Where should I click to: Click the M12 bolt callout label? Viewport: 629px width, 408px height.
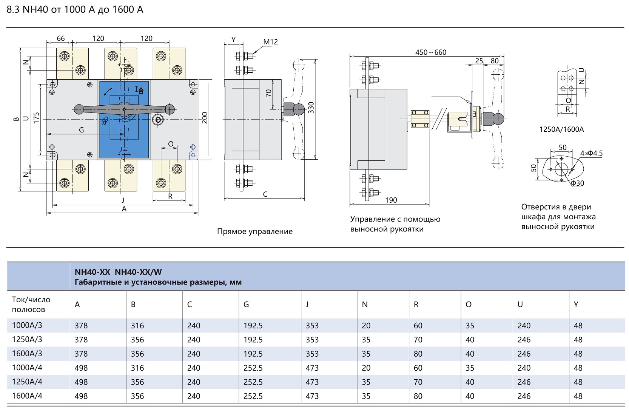pyautogui.click(x=270, y=42)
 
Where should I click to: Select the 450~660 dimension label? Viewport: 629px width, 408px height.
pyautogui.click(x=431, y=52)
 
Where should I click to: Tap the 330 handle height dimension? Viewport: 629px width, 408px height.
pyautogui.click(x=311, y=108)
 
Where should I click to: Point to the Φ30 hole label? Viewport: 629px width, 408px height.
pyautogui.click(x=577, y=183)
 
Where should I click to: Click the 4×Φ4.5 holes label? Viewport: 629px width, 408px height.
pyautogui.click(x=591, y=153)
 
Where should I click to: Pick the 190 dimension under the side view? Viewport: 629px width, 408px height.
pyautogui.click(x=391, y=200)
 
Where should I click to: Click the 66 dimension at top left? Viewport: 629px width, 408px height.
pyautogui.click(x=61, y=38)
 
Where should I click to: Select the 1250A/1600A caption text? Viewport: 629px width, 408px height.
pyautogui.click(x=562, y=129)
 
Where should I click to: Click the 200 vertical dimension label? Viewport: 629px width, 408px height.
pyautogui.click(x=205, y=118)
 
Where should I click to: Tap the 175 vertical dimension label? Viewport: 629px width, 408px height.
pyautogui.click(x=36, y=118)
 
